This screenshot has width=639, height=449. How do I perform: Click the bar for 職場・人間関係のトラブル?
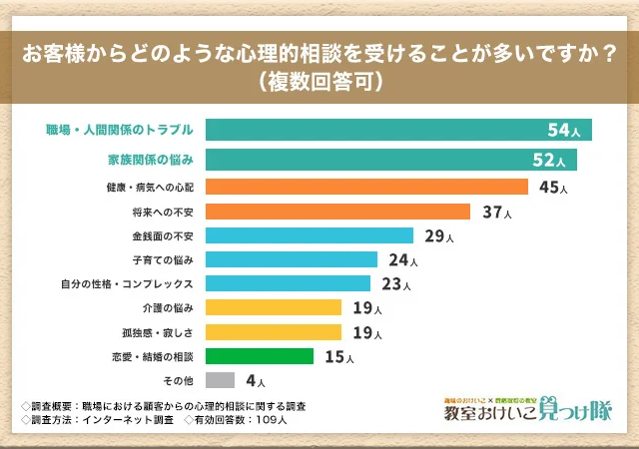click(398, 130)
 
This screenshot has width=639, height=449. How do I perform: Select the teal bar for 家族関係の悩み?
click(390, 160)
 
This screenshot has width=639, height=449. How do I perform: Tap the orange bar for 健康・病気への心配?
click(366, 187)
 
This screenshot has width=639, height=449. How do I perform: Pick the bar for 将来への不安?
click(337, 212)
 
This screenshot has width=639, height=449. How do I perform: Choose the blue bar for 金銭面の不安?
click(310, 235)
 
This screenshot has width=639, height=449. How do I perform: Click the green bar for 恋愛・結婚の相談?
click(260, 355)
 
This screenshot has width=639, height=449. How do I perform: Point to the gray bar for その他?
click(220, 380)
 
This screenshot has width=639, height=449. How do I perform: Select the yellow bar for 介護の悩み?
click(274, 307)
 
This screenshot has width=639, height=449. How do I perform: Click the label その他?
click(178, 380)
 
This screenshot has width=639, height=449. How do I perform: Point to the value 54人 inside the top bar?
click(563, 131)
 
